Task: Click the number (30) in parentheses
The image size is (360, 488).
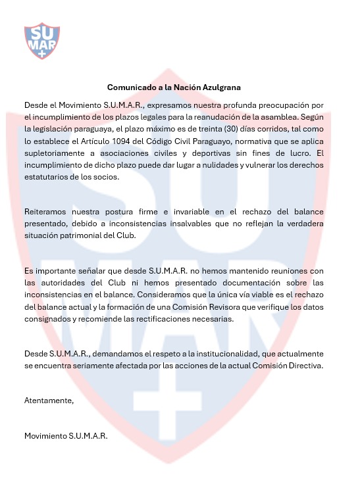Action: click(x=226, y=128)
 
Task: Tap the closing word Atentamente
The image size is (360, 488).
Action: click(x=49, y=400)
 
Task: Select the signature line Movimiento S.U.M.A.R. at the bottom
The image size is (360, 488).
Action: click(x=65, y=435)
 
